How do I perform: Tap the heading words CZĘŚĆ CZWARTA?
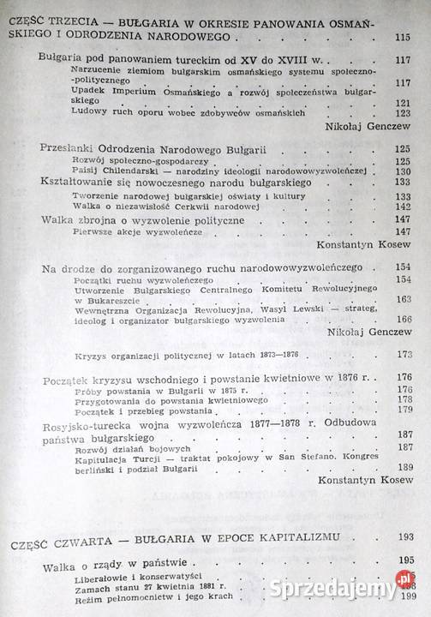(x=61, y=536)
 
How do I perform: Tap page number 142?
(x=404, y=206)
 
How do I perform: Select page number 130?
(x=404, y=170)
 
